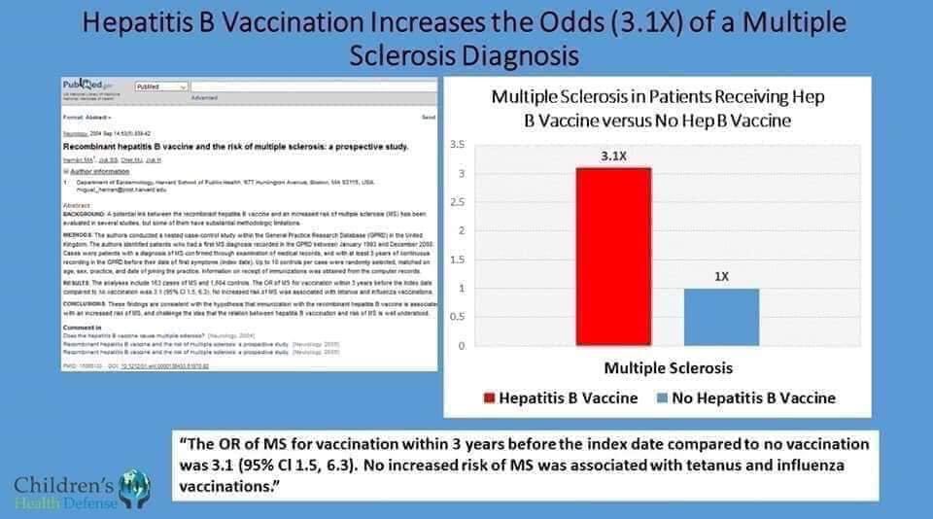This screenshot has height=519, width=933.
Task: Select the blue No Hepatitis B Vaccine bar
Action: coord(720,317)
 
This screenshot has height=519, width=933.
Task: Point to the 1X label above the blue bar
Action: coord(720,276)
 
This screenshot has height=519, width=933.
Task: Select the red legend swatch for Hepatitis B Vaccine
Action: coord(490,398)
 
